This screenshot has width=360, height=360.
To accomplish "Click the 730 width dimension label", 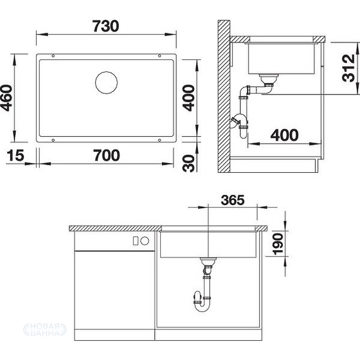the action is [x=106, y=26].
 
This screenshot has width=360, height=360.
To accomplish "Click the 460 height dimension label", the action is [x=6, y=98].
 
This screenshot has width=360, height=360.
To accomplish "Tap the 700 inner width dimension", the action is [x=107, y=155].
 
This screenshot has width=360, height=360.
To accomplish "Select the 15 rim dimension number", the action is [x=15, y=155].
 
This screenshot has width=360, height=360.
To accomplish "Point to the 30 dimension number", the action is [x=189, y=163].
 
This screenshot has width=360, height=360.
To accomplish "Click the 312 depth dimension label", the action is [x=348, y=68].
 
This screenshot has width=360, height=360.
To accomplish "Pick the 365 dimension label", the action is [x=233, y=200].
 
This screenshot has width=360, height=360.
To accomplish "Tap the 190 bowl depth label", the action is [x=278, y=244].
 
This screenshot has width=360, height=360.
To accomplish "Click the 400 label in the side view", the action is [x=284, y=135].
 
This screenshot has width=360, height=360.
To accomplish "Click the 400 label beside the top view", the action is [x=189, y=98].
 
